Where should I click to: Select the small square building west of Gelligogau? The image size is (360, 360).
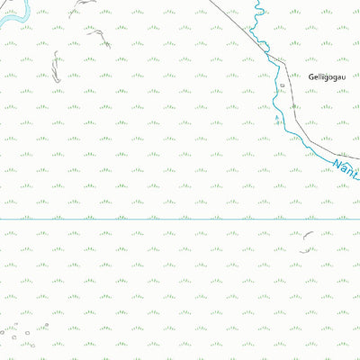tap(281, 86)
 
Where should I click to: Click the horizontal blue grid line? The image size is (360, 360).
tap(180, 218)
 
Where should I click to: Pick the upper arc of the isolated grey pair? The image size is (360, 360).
tap(308, 235)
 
